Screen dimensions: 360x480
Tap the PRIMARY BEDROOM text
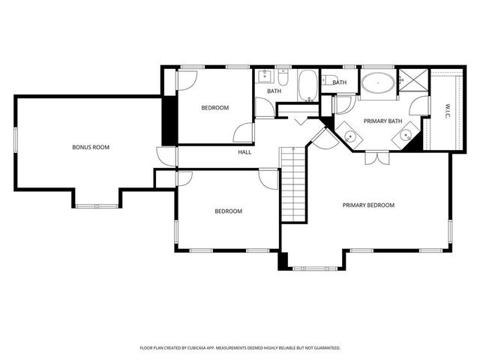tap(368, 205)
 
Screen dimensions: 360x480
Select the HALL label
tap(244, 152)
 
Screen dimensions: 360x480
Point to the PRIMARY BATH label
tap(382, 121)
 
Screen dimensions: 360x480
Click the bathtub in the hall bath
tap(308, 85)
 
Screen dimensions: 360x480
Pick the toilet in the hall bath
tap(283, 77)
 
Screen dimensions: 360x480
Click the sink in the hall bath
tap(265, 76)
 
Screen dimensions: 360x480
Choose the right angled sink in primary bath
tap(405, 136)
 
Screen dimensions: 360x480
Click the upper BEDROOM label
tap(214, 108)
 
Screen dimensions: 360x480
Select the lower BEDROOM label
tap(228, 211)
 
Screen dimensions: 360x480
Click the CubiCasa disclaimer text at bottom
tap(240, 348)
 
